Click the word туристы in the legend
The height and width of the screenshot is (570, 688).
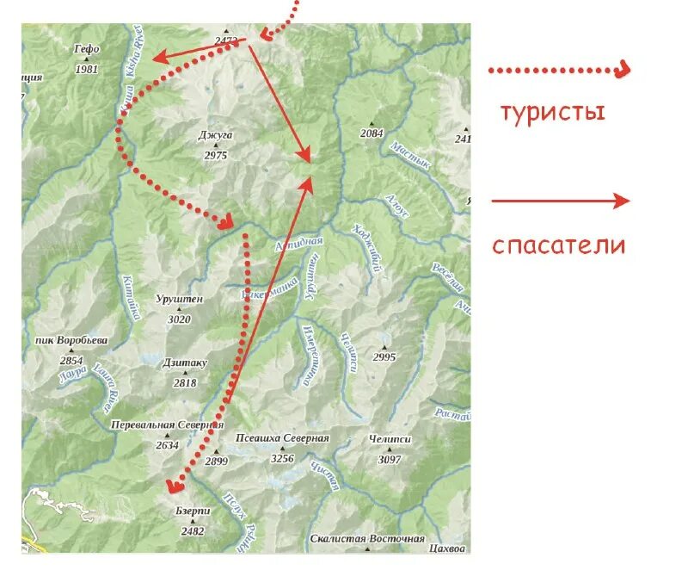(x=554, y=112)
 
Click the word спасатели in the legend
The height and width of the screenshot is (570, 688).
(x=559, y=245)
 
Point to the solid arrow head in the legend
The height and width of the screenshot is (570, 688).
(x=622, y=201)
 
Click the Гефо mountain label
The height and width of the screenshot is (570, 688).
(x=88, y=49)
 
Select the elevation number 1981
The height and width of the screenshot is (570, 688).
(x=88, y=69)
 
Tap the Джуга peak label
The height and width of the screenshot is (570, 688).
(x=216, y=136)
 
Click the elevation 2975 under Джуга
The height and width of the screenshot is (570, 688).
(x=216, y=156)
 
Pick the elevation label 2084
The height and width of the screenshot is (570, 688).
(x=372, y=133)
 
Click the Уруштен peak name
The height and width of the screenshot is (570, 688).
(x=180, y=299)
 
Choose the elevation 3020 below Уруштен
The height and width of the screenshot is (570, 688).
(x=180, y=319)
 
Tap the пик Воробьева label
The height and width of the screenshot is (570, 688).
(x=71, y=340)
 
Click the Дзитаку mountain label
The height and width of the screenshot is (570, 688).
(x=185, y=362)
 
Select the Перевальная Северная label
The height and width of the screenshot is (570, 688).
(x=167, y=424)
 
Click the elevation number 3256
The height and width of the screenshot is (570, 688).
(x=282, y=459)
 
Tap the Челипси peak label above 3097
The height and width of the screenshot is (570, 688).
(x=390, y=439)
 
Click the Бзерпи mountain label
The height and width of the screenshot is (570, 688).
(x=193, y=511)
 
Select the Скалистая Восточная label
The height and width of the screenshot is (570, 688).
(x=367, y=539)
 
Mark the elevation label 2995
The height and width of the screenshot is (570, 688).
(x=384, y=357)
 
